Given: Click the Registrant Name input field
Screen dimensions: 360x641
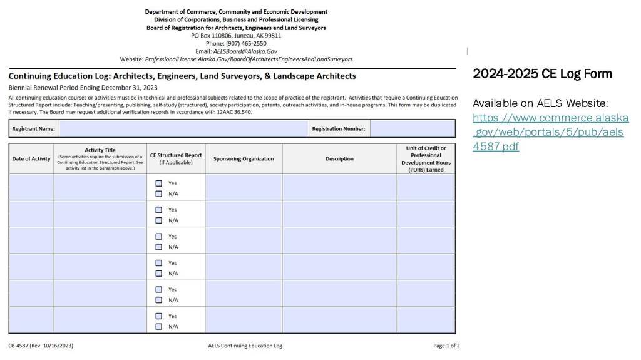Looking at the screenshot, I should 182,129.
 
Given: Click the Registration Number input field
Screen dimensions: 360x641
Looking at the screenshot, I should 412,129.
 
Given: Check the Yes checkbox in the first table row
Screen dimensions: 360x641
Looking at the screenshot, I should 159,183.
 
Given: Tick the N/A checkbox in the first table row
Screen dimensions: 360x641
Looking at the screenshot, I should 159,193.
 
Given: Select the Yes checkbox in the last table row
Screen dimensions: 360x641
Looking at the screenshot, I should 159,316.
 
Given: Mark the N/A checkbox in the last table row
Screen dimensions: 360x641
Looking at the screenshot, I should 159,326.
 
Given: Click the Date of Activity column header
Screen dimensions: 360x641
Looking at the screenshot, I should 31,159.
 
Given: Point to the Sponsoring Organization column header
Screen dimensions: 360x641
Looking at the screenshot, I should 244,159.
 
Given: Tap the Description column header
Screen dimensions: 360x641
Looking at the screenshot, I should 339,159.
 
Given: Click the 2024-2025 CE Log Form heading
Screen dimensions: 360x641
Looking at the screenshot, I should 542,74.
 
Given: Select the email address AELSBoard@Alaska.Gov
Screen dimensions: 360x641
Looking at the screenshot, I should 245,51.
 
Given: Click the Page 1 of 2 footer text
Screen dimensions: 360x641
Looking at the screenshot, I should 446,346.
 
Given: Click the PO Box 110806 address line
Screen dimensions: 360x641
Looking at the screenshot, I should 236,36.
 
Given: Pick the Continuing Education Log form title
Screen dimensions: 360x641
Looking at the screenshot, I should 182,76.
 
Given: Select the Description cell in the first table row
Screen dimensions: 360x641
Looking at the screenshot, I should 339,187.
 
